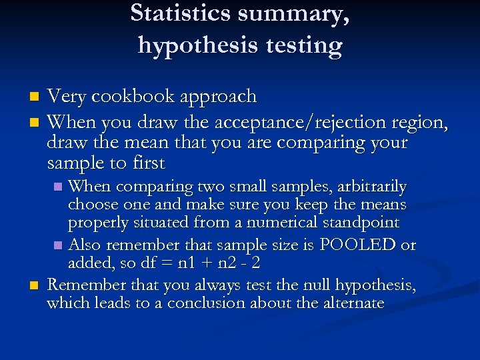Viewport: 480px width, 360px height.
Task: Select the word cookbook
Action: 127,97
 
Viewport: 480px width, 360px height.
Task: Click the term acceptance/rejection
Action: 290,123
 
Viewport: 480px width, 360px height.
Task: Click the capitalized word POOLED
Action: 358,245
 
